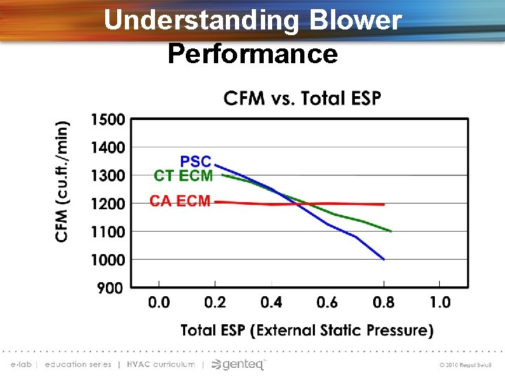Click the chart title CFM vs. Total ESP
(x=302, y=98)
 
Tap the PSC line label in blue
(x=196, y=161)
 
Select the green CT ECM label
(x=183, y=175)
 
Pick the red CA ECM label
(x=180, y=201)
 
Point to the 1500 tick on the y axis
(x=107, y=119)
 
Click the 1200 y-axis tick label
(x=107, y=204)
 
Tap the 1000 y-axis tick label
(x=107, y=260)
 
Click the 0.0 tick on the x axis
(x=159, y=302)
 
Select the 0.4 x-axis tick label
(x=271, y=302)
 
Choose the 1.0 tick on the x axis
(x=440, y=302)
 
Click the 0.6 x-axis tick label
(x=327, y=302)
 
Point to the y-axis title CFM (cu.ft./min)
(x=63, y=181)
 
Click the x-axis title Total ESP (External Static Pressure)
(x=307, y=330)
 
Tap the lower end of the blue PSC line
(x=383, y=258)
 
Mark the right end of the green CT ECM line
(x=390, y=230)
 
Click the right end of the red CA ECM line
(x=383, y=204)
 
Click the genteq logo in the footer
(x=238, y=364)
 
